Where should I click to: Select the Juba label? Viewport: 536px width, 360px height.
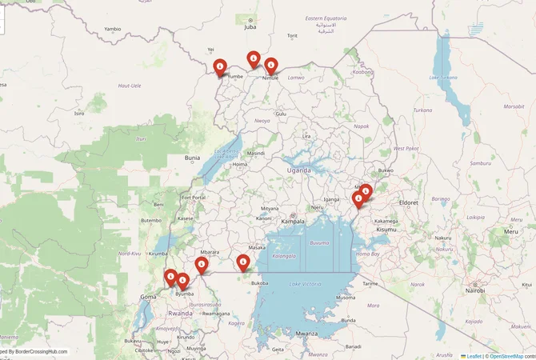250,26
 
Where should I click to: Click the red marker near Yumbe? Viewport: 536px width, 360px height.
220,67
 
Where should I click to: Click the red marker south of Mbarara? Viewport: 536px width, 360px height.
202,264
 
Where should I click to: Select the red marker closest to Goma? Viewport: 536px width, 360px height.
170,276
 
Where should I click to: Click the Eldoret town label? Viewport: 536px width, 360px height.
408,202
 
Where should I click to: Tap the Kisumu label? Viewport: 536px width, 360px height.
386,230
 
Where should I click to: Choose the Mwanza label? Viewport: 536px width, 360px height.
306,333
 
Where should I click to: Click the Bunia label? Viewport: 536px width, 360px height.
192,158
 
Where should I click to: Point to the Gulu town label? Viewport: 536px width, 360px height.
280,114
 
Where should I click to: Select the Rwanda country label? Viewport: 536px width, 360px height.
181,314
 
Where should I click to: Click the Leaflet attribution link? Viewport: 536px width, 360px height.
474,355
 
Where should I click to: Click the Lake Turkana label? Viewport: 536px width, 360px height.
444,78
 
